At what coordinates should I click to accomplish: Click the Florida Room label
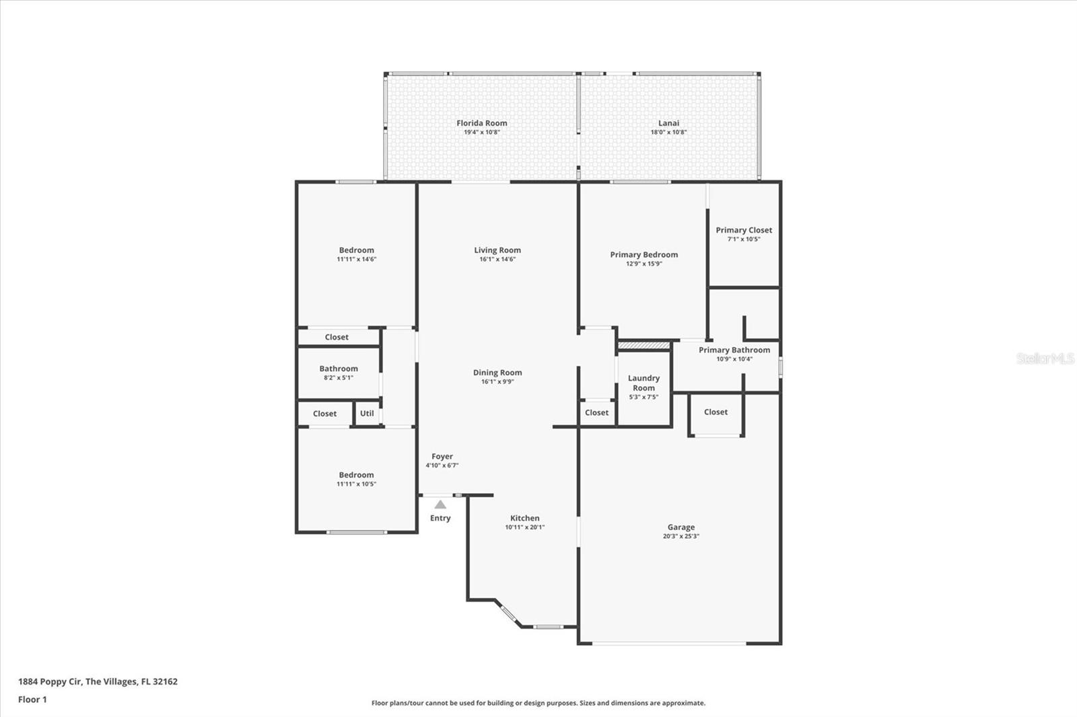pos(482,123)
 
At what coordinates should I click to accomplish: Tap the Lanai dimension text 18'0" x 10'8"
pos(668,132)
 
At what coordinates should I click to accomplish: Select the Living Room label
pos(497,250)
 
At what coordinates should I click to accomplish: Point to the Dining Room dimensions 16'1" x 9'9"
pos(497,381)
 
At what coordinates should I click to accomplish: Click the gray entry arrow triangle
pos(440,504)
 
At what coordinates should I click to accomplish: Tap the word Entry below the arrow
pos(440,518)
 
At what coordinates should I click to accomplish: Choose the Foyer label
pos(442,457)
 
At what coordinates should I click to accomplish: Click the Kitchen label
pos(524,518)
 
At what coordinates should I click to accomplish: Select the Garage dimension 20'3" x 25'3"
pos(681,536)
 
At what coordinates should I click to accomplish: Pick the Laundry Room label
pos(644,383)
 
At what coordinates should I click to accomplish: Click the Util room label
pos(367,413)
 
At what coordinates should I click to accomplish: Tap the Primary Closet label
pos(744,230)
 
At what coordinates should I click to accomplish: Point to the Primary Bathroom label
pos(734,350)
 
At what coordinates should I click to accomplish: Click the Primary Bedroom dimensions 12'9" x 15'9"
pos(644,264)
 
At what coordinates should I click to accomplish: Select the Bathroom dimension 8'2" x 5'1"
pos(339,378)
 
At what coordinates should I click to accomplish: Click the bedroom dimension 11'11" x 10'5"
pos(356,484)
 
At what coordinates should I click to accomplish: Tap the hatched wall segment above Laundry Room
pos(644,346)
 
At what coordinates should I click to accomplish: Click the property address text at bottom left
pos(98,681)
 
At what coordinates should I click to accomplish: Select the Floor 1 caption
pos(33,700)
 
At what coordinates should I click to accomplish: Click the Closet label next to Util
pos(324,414)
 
